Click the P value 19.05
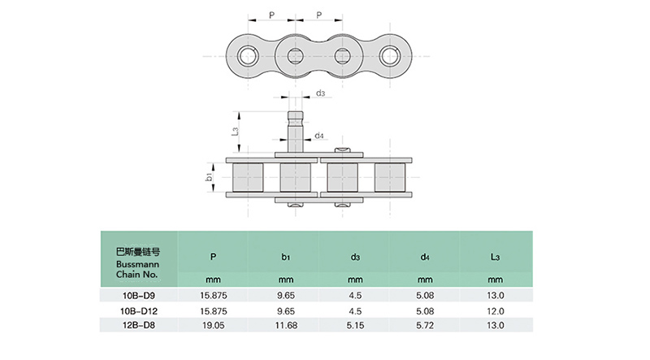coord(213,324)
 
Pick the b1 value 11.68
coord(285,324)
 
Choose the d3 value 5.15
coord(355,324)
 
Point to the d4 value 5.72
coord(425,324)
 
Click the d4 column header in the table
coord(425,257)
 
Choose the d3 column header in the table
coord(355,257)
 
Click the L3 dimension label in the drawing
coord(234,131)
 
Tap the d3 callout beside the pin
coord(322,94)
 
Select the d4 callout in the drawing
coord(320,135)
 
